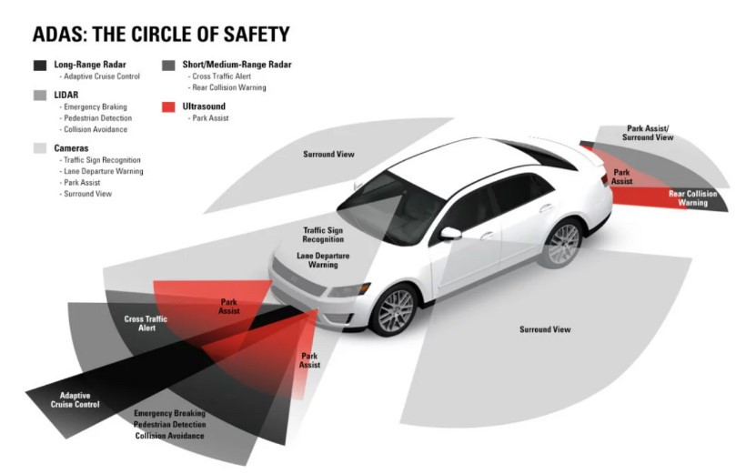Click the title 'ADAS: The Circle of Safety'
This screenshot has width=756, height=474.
tap(161, 35)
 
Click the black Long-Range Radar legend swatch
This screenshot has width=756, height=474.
tap(39, 66)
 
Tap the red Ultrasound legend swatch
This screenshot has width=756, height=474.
tap(168, 106)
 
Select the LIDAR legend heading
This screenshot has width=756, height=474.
tap(66, 95)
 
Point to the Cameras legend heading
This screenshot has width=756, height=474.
tap(72, 147)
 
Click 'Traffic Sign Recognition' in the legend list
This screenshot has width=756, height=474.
tap(102, 159)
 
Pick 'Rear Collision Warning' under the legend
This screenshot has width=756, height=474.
tap(229, 87)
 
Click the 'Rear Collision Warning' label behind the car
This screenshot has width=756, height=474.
tap(693, 197)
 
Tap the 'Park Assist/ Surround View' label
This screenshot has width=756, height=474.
tap(648, 133)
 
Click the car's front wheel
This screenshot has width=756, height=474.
tap(396, 310)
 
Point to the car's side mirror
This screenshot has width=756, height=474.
tap(450, 233)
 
